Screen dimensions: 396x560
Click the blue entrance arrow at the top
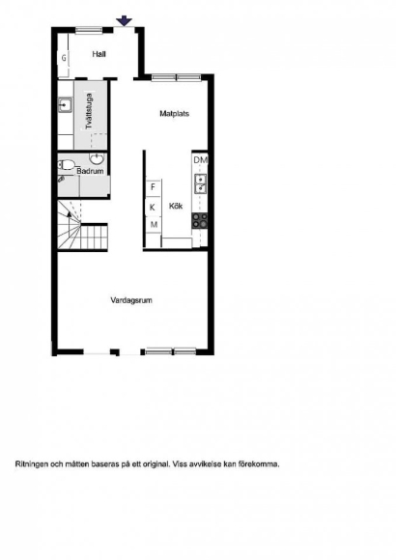click(124, 20)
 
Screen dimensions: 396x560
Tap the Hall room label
click(99, 54)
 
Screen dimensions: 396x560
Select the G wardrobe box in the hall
click(64, 58)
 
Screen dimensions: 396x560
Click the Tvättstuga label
click(89, 111)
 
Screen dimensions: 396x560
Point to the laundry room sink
click(65, 105)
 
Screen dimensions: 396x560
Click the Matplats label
click(175, 114)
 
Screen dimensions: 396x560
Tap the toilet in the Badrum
click(67, 165)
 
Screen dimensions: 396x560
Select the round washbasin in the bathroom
click(97, 157)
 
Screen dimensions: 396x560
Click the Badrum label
click(90, 171)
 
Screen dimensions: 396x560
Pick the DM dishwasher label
click(201, 160)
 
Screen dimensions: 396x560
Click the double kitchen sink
click(200, 183)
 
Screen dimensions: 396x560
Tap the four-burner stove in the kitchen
click(200, 221)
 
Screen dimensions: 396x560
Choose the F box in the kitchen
click(154, 187)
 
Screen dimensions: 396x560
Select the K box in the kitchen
click(153, 208)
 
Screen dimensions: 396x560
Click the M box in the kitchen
click(154, 225)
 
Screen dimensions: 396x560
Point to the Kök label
click(176, 206)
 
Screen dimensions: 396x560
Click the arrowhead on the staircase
click(69, 213)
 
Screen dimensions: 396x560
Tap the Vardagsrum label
click(131, 300)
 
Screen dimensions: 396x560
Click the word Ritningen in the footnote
click(32, 464)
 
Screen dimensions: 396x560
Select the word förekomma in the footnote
click(259, 464)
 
